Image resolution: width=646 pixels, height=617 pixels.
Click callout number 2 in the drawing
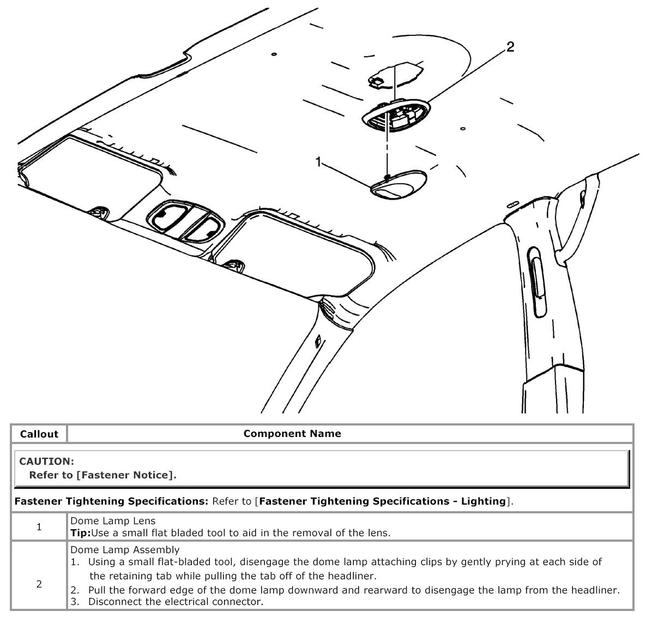pos(510,47)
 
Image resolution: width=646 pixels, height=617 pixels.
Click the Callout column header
pos(39,434)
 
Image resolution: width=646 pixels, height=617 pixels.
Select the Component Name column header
pos(292,434)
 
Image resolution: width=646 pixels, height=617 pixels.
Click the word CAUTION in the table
pos(46,462)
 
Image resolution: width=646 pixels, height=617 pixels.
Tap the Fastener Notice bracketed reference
pos(126,475)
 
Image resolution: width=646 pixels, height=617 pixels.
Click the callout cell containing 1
pos(39,527)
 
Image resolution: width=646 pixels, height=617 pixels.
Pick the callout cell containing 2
pos(39,584)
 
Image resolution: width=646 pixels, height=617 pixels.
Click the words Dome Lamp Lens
pos(112,521)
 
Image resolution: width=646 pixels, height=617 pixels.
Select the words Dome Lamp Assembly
pos(125,549)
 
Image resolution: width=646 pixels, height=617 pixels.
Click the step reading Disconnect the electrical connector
pos(176,602)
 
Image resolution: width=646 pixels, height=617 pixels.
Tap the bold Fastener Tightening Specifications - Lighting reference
pos(383,501)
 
